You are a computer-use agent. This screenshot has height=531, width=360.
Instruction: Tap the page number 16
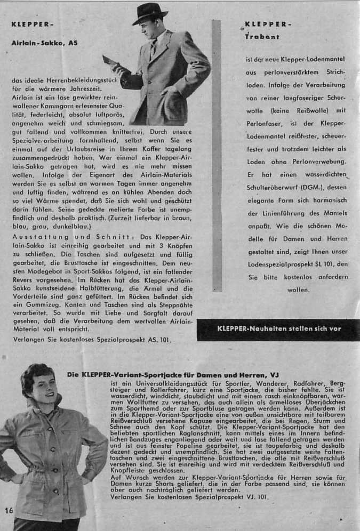point(9,511)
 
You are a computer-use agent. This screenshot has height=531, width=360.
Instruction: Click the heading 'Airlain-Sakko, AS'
point(45,43)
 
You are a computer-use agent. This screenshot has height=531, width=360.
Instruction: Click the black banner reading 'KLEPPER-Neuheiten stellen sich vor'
point(278,329)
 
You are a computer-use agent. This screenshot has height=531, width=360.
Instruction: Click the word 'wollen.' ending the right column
point(298,290)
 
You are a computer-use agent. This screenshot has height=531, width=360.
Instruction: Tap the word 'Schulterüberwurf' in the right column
point(270,188)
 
